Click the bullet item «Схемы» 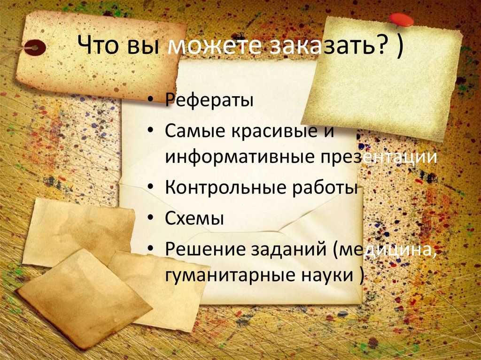point(194,218)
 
